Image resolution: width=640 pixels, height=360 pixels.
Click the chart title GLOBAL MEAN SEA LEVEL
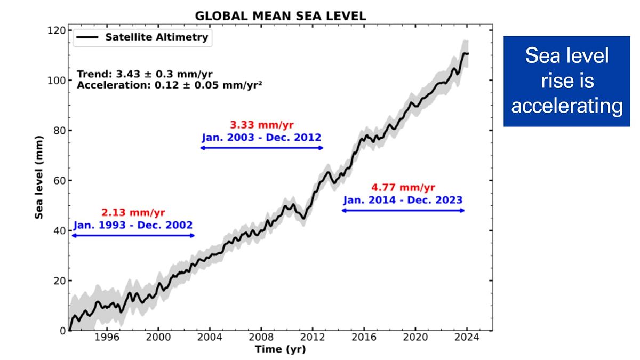(x=281, y=16)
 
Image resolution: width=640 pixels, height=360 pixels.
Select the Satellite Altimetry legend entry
(x=142, y=37)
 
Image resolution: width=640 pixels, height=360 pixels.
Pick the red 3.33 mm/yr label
(x=261, y=125)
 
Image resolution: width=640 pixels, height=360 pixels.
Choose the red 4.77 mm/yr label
(x=403, y=187)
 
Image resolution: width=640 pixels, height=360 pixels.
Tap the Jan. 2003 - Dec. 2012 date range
(x=261, y=137)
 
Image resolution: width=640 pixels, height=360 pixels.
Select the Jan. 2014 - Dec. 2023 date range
(x=403, y=200)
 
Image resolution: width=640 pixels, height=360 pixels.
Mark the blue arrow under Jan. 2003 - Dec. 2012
(x=261, y=148)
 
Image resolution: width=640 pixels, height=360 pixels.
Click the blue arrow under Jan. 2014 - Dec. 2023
(x=403, y=211)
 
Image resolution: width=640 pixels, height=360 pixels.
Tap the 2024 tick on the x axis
(x=468, y=338)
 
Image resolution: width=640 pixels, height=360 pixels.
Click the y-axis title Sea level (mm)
(x=39, y=180)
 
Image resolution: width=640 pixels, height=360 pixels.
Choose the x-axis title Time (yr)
(x=281, y=350)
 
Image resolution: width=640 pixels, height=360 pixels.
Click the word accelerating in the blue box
(x=567, y=106)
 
